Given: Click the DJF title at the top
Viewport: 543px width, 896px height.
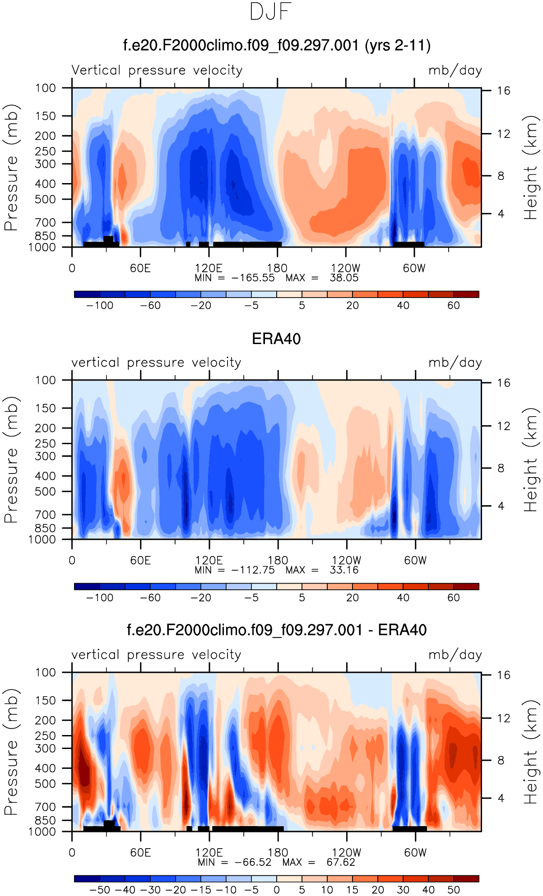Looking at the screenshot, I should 271,12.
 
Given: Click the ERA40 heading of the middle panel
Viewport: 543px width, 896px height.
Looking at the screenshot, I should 276,339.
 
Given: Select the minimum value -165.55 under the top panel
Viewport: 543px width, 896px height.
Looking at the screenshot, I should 253,278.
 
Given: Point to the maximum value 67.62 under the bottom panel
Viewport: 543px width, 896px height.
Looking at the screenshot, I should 341,862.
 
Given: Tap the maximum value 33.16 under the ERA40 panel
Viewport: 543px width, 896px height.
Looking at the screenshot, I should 344,570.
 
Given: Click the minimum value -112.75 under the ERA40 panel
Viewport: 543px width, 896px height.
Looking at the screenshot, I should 253,570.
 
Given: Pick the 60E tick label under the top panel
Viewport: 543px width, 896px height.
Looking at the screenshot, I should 140,268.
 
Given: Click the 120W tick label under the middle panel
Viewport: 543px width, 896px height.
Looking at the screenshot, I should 346,561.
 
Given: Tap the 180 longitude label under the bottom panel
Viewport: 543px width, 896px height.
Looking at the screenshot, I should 278,853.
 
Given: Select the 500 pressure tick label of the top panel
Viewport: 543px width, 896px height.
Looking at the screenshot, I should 46,199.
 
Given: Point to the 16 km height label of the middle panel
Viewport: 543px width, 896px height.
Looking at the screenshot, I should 504,383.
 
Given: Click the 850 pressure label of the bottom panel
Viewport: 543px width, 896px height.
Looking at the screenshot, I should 45,820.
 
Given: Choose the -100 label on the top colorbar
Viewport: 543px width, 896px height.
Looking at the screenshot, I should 100,306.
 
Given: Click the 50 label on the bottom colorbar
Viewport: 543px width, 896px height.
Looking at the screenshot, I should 454,890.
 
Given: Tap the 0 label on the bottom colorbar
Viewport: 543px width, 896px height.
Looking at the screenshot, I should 277,890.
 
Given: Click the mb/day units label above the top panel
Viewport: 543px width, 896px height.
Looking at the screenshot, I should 455,70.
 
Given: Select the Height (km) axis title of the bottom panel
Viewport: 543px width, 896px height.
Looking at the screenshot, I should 531,752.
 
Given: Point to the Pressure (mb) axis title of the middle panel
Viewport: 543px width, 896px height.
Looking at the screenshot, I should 11,459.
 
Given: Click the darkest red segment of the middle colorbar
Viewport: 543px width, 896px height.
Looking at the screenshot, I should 466,586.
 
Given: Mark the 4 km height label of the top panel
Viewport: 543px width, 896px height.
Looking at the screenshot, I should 501,214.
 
